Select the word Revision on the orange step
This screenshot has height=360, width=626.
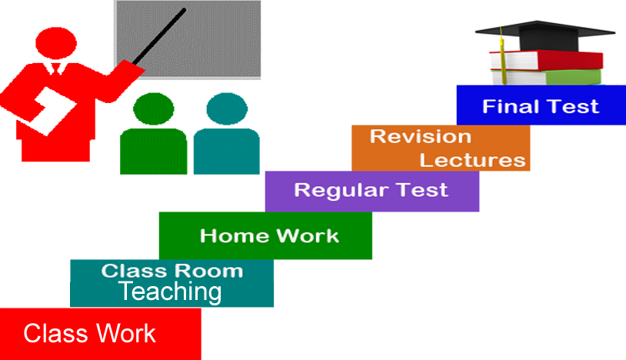click(420, 136)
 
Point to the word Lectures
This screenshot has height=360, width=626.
click(472, 160)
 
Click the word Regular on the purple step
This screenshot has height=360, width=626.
click(332, 189)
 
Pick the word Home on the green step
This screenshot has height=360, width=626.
click(228, 235)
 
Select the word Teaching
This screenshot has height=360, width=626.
click(170, 292)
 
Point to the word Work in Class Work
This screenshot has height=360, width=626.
click(125, 333)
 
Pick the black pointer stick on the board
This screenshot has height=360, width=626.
click(161, 36)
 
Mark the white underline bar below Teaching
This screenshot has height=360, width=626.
click(220, 312)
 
